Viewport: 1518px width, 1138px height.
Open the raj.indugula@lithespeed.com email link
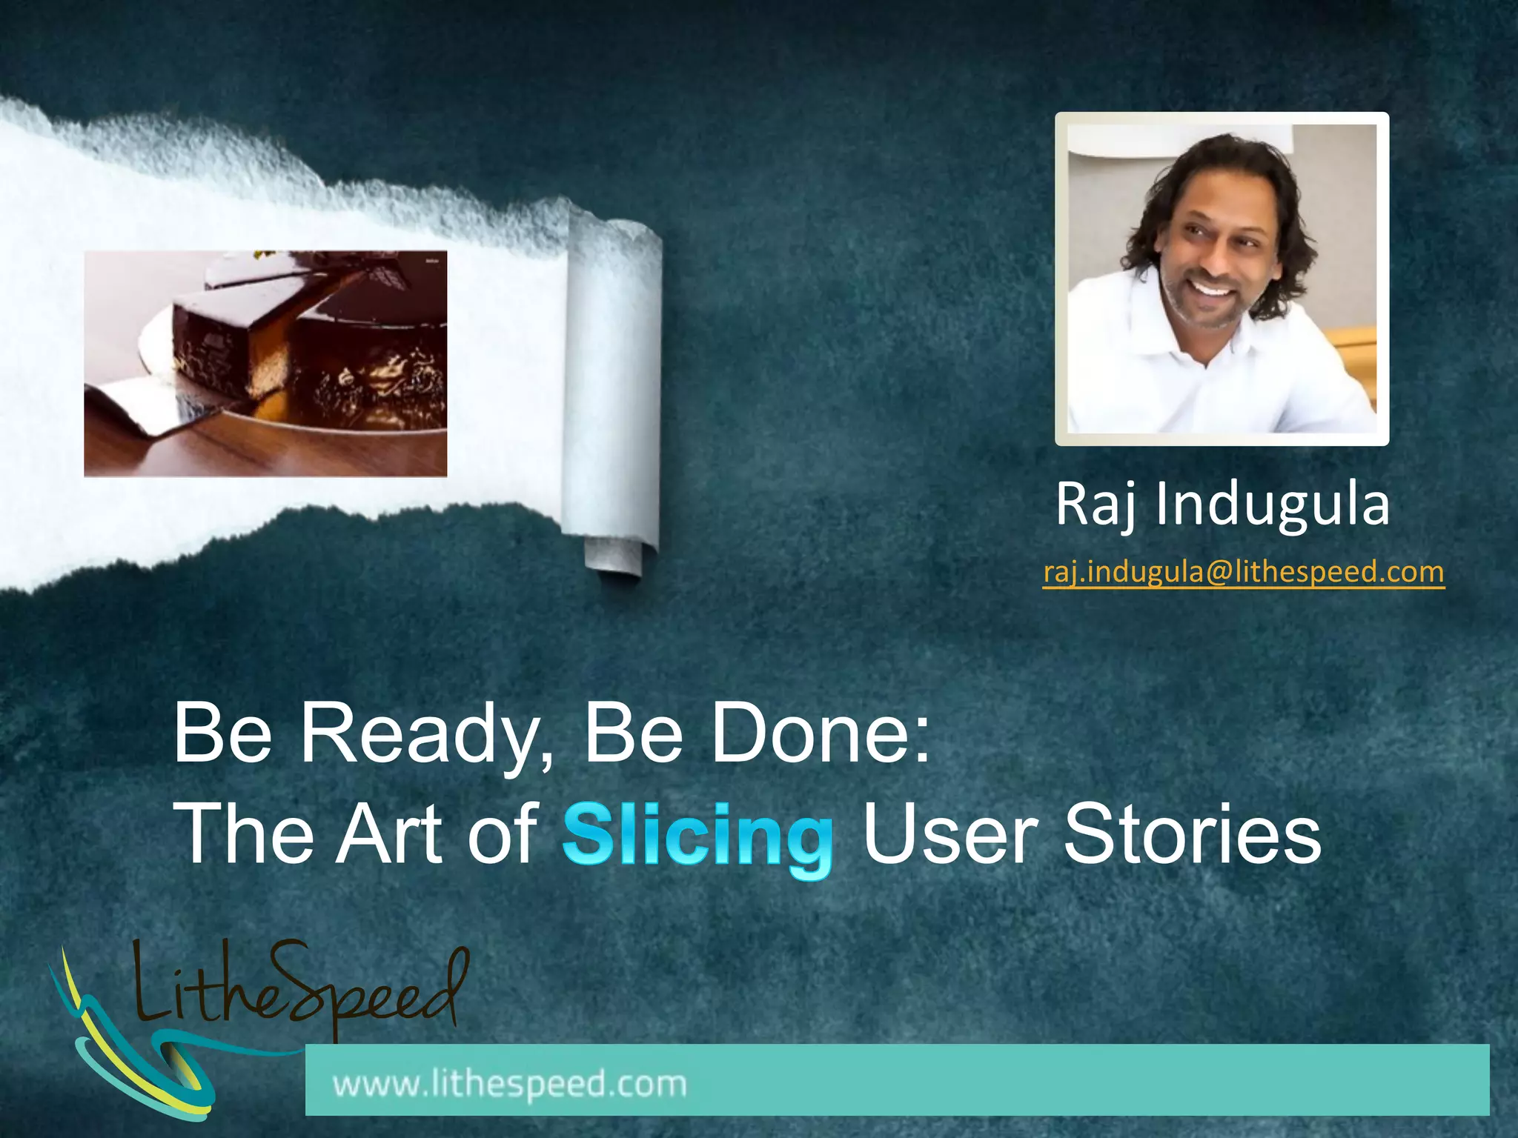point(1243,572)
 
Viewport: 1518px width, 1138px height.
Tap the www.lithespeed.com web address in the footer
point(510,1084)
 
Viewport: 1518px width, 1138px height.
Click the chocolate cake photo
point(265,363)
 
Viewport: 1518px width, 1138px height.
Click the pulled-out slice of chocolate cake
point(222,341)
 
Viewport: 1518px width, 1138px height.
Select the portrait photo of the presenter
point(1222,279)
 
